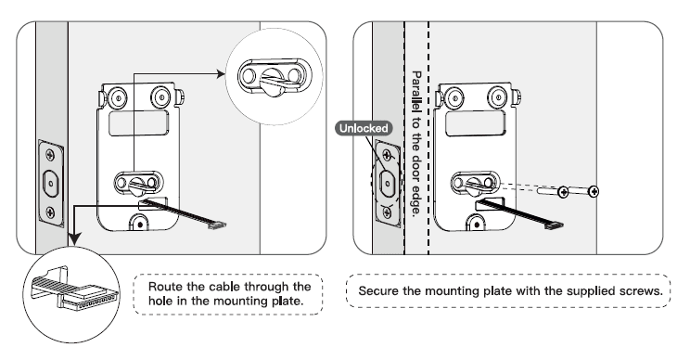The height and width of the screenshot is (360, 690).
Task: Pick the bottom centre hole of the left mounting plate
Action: [138, 222]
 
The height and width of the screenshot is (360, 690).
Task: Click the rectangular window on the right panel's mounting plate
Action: [474, 123]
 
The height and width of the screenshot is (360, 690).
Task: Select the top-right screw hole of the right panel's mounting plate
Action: [500, 94]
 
